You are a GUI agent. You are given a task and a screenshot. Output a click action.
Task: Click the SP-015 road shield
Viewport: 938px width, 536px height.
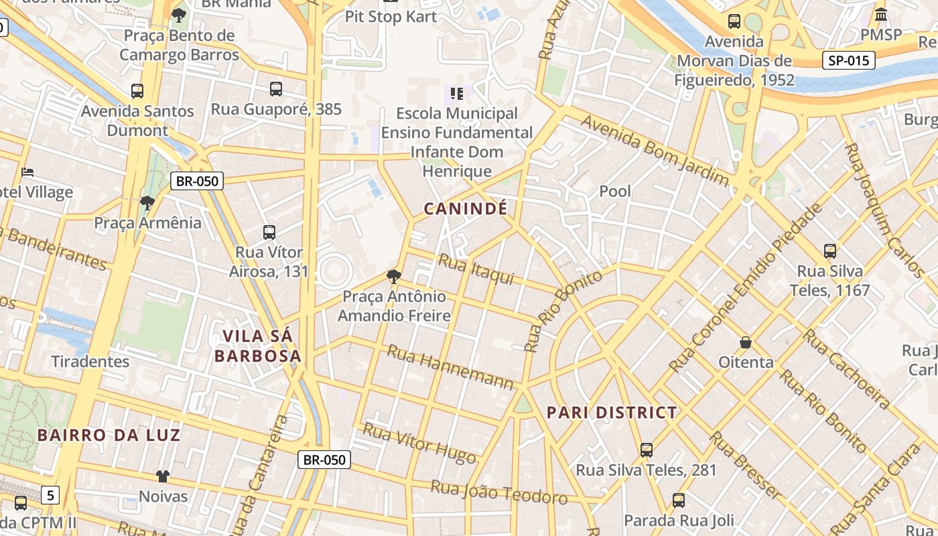(x=848, y=61)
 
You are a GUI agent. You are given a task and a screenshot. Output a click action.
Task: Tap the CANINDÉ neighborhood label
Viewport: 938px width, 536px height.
(x=465, y=209)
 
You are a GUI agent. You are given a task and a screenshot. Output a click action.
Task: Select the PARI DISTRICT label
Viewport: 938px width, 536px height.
(x=612, y=413)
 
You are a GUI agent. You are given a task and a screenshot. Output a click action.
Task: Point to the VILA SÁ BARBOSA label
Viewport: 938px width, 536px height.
(x=258, y=346)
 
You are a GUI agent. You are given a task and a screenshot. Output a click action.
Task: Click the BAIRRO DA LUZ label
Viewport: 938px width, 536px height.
(x=109, y=435)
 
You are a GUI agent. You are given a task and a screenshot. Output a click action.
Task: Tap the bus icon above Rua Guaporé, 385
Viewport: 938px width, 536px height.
(x=275, y=89)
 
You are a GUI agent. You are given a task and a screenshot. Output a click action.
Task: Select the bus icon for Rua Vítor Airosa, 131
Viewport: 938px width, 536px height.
(x=269, y=232)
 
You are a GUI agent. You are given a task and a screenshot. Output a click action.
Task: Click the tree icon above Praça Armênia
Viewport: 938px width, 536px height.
(x=147, y=202)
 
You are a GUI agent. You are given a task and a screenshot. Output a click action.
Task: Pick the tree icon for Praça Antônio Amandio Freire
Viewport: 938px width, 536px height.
(x=394, y=276)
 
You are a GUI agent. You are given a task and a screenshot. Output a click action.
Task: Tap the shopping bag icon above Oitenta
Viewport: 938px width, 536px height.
(x=745, y=342)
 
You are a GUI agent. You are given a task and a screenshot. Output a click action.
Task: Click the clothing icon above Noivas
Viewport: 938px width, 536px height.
(x=163, y=476)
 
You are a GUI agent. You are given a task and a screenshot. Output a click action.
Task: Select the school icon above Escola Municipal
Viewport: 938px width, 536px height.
(x=457, y=93)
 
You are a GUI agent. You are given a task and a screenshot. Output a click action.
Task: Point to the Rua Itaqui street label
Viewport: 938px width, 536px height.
(x=476, y=269)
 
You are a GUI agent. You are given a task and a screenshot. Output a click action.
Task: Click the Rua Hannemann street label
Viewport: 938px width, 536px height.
(x=450, y=367)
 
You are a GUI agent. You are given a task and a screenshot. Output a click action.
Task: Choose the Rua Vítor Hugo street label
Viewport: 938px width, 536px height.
(x=419, y=443)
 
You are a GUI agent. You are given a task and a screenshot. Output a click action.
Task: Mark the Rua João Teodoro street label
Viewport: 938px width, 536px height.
(x=498, y=492)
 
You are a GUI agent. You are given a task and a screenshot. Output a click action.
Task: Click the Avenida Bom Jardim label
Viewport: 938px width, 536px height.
(x=654, y=149)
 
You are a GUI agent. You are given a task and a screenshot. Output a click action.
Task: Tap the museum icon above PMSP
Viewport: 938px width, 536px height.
(x=881, y=14)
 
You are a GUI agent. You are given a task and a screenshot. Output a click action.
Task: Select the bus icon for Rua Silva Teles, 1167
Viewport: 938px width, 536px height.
(x=829, y=251)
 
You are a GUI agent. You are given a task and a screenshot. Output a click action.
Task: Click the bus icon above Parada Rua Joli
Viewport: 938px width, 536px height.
(x=678, y=500)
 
